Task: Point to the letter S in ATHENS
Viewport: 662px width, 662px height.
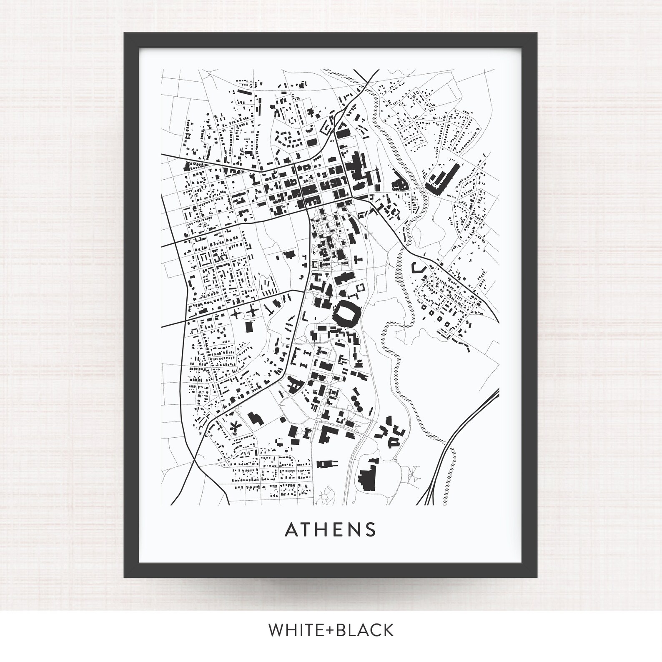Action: click(x=371, y=529)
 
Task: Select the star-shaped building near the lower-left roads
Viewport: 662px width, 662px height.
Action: click(x=235, y=426)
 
